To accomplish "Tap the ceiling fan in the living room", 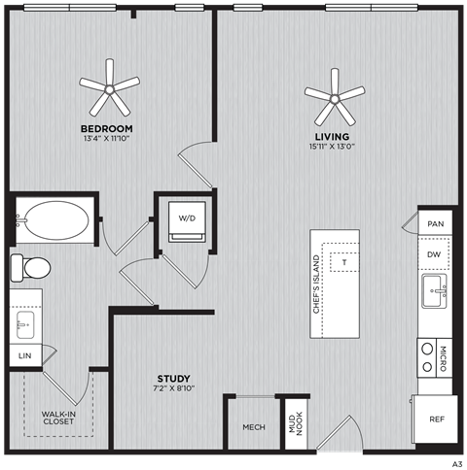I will point(334,94).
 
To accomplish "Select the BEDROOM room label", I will point(106,128).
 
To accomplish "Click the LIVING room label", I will point(331,136).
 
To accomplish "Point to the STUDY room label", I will point(174,378).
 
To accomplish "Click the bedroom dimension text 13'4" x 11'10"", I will point(106,139).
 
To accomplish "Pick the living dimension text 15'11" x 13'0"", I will point(331,147).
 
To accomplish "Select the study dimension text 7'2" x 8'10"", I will point(174,388).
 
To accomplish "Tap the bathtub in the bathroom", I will point(56,222).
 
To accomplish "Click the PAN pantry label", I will point(435,223).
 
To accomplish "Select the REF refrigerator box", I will point(437,420).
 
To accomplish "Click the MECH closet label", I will point(253,427).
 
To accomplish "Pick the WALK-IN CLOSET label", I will point(59,419).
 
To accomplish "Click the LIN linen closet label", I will point(24,356).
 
